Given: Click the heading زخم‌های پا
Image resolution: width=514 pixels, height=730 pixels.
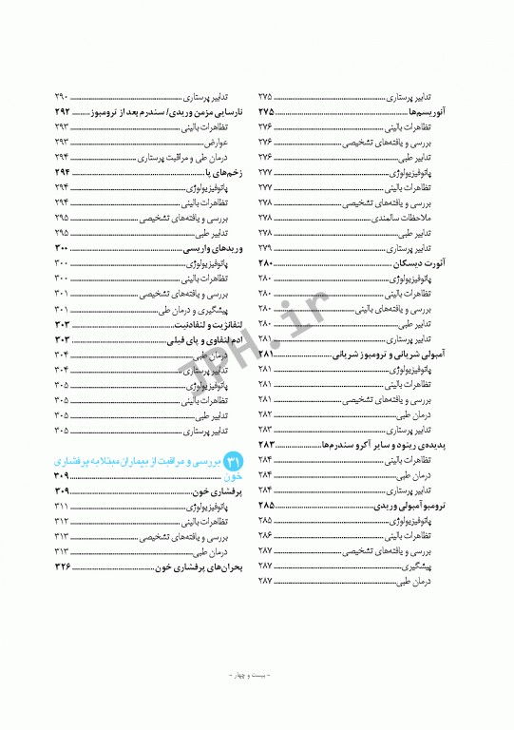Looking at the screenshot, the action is (x=216, y=172).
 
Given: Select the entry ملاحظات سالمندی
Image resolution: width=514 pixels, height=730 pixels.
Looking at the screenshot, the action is (x=405, y=218).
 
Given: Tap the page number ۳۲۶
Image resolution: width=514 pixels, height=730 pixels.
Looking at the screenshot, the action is (x=63, y=567).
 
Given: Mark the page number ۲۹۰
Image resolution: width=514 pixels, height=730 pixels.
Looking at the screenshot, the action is (x=62, y=97).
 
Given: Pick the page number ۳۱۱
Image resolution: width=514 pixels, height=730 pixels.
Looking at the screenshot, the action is (x=63, y=506).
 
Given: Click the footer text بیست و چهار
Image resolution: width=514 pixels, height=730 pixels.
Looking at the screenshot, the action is (x=257, y=676).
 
